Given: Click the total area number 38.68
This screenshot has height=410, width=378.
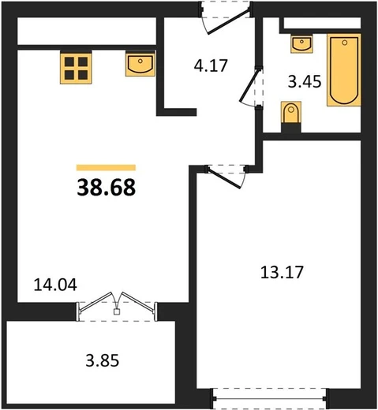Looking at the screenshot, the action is coord(107,187).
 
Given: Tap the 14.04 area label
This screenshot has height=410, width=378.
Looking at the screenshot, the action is coord(55,285).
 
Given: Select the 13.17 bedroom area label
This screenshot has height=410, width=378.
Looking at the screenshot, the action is coord(282,272).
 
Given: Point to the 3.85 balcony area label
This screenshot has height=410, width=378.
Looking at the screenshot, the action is coord(103,360).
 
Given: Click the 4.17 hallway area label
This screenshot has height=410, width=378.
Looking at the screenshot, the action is coord(211,65).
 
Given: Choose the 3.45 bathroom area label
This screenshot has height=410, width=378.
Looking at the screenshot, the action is coord(305,81).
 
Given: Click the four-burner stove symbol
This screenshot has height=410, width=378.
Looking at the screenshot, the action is coord(76,67).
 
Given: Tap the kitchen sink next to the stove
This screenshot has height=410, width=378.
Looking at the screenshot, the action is coord(140,64).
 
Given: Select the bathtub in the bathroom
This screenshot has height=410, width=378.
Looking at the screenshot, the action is coord(344,70).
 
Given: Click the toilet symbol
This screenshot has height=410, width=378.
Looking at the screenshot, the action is coord(291,113).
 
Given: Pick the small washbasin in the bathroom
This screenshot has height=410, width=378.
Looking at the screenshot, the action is coord(301,43).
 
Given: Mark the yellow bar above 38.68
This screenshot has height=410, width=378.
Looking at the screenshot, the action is coord(106,167).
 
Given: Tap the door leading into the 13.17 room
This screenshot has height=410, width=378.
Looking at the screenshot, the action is coord(224,178).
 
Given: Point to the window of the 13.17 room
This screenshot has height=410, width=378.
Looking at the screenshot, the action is coord(270,399).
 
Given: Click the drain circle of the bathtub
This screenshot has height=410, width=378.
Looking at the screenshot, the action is coord(345,43).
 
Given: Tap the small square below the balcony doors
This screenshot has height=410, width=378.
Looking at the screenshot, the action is coord(117,312).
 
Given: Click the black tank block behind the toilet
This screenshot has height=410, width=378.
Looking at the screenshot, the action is coord(291,128).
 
